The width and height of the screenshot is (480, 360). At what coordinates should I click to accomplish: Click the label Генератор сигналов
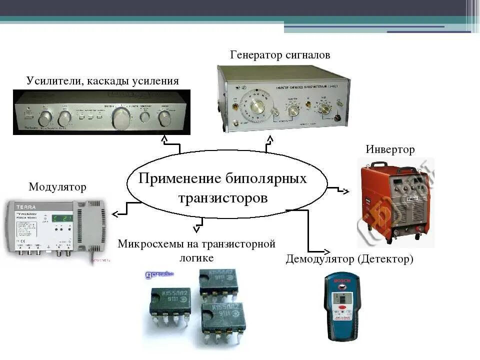pos(280,55)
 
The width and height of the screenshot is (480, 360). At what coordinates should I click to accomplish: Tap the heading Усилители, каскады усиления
pos(102,81)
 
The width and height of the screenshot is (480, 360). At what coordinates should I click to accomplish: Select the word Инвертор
pos(390,149)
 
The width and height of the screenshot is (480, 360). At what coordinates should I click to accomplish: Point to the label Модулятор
pos(57,187)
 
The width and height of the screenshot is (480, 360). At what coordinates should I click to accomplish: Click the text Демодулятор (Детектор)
pos(349,259)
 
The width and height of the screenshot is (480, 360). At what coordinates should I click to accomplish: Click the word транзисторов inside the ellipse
pos(223,198)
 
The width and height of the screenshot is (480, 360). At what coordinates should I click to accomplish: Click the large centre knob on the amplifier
pos(121,118)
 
